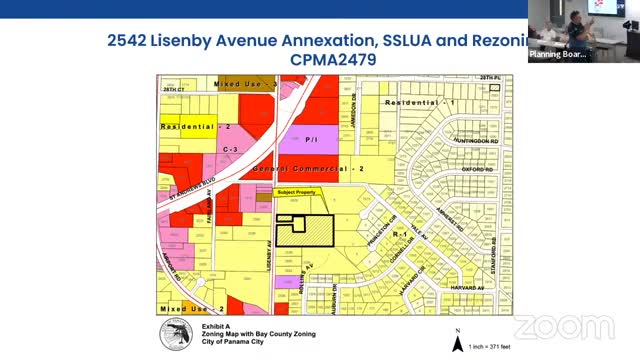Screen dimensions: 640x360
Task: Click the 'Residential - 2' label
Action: [x=195, y=127]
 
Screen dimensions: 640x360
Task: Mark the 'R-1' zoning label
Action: [x=404, y=233]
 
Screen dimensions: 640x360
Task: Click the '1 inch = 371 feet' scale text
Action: [x=491, y=345]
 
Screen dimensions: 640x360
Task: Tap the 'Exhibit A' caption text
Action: [x=203, y=326]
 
